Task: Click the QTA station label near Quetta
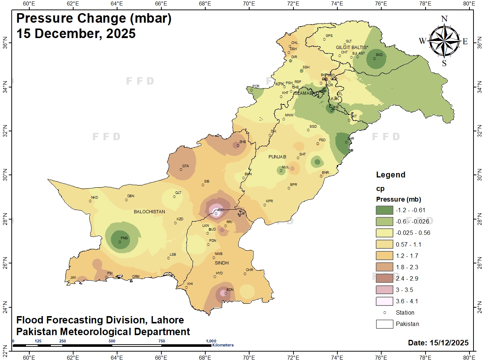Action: (x=186, y=166)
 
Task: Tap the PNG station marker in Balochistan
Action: (x=120, y=242)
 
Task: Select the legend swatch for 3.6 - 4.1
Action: (x=384, y=301)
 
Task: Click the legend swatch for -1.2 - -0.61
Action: (x=384, y=210)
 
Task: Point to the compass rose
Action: (x=444, y=41)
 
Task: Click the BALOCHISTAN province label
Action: (x=149, y=212)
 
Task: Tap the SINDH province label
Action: (x=222, y=263)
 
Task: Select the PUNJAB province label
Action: (x=277, y=157)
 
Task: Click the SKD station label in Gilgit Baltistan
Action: (x=379, y=55)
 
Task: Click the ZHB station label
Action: (x=243, y=142)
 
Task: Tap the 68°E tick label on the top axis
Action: (x=205, y=4)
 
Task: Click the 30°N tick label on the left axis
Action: (x=5, y=175)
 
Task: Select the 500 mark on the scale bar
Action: (x=112, y=341)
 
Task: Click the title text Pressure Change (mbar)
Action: (x=94, y=18)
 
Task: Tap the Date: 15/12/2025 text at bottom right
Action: (x=438, y=343)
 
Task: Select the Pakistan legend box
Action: (x=384, y=324)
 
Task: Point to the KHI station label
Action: (x=190, y=284)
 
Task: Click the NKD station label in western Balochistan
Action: (x=94, y=198)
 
